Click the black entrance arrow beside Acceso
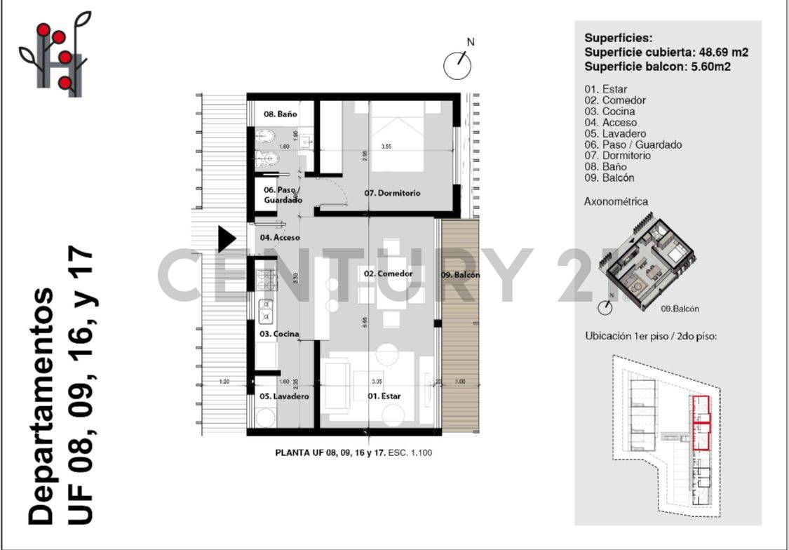pos(226,239)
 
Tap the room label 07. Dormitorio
pos(392,193)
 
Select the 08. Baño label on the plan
pos(281,114)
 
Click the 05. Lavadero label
pos(285,396)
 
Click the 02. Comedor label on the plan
pos(388,274)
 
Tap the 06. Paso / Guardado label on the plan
pos(282,195)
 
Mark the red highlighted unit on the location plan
pos(701,422)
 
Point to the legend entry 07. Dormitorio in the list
pos(617,156)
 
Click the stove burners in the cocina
pos(267,281)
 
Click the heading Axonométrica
pos(616,201)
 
